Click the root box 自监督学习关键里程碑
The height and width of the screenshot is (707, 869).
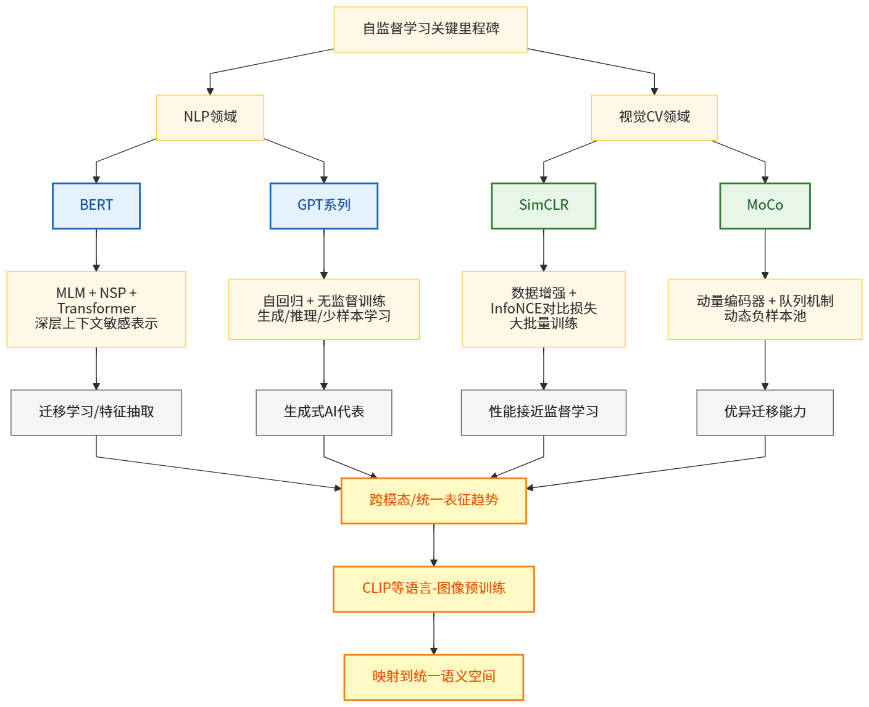click(x=430, y=29)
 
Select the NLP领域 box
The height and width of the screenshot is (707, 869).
click(x=210, y=117)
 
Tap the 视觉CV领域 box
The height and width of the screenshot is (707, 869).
click(x=654, y=117)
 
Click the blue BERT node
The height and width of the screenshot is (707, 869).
click(x=96, y=205)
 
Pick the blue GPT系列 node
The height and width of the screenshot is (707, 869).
click(x=323, y=205)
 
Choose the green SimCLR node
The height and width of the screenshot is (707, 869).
click(x=543, y=205)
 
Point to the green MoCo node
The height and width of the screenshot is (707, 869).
click(x=765, y=205)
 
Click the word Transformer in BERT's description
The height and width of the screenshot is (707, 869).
click(x=96, y=308)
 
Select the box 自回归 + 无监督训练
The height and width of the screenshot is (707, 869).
click(x=323, y=308)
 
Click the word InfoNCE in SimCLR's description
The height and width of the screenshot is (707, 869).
click(x=516, y=308)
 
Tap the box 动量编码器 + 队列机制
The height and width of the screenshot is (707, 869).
click(x=765, y=308)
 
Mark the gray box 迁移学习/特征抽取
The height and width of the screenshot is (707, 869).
click(x=96, y=412)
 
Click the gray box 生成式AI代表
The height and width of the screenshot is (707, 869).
click(x=323, y=412)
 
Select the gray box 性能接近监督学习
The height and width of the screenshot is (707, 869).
click(x=543, y=412)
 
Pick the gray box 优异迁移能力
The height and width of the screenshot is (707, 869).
click(x=765, y=412)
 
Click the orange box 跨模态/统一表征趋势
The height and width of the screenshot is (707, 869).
click(x=433, y=500)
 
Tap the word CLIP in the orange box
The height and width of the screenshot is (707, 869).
click(x=376, y=589)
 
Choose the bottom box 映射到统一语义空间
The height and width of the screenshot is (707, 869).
click(x=433, y=677)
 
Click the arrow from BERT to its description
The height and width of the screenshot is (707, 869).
click(x=96, y=250)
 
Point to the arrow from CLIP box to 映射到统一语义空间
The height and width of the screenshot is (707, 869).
click(x=434, y=633)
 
